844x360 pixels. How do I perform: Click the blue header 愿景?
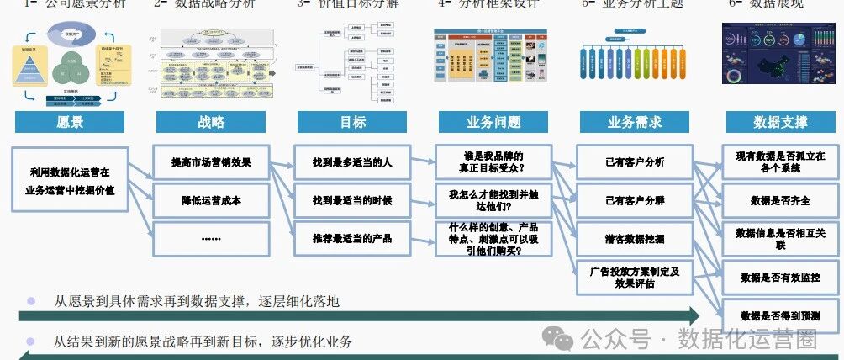click(x=70, y=122)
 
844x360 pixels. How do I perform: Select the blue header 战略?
click(x=211, y=122)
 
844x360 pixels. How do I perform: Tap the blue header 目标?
click(x=352, y=122)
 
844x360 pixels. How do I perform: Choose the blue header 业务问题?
click(x=493, y=122)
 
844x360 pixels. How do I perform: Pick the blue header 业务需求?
click(x=635, y=122)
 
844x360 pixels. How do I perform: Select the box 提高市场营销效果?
click(x=211, y=161)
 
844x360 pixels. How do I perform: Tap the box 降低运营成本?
click(x=211, y=200)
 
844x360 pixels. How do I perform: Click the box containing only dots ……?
click(x=211, y=238)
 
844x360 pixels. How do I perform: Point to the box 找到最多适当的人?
click(x=352, y=161)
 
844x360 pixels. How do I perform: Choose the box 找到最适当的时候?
click(x=352, y=200)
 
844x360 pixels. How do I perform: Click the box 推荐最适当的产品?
click(x=352, y=238)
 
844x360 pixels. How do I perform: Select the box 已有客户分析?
click(x=635, y=161)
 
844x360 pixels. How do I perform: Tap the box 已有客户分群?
click(x=635, y=200)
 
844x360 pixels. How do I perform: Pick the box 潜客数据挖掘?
click(x=635, y=239)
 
